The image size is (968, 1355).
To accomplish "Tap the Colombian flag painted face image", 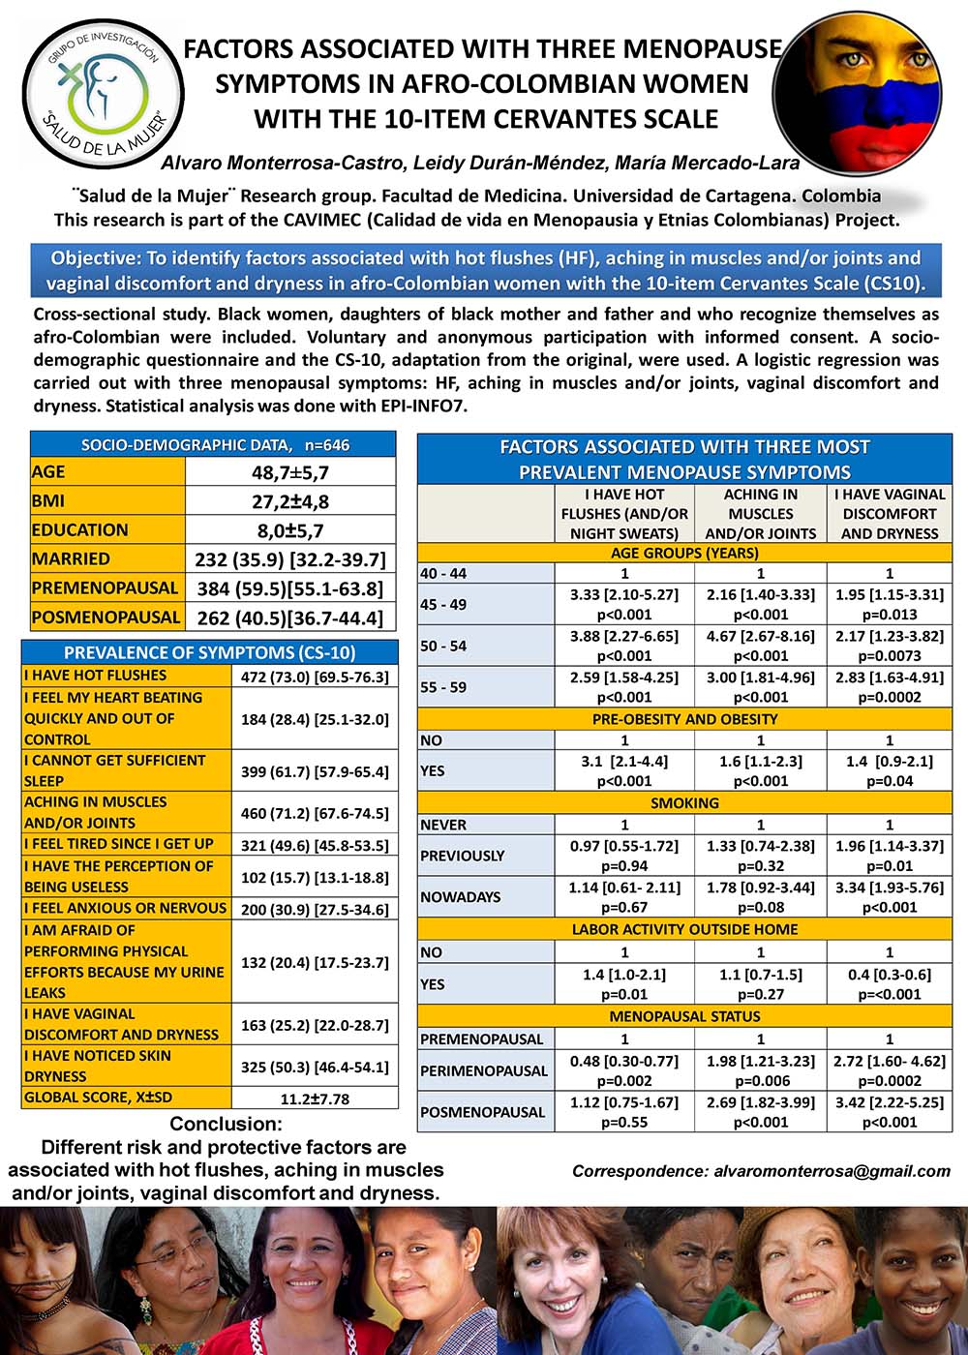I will click(858, 84).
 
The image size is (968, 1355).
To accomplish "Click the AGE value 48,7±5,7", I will click(290, 472).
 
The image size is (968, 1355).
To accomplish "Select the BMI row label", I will click(48, 501).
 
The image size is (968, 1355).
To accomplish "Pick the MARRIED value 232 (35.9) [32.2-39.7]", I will click(290, 559).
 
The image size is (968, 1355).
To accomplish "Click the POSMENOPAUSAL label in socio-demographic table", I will click(106, 617).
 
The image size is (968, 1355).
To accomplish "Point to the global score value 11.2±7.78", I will click(315, 1099).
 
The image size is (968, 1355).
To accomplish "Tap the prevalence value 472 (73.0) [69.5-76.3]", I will click(315, 677).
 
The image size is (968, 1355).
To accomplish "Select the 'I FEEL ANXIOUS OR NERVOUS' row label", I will click(126, 909).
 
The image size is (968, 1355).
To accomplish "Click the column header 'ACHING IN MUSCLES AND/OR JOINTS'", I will click(760, 514).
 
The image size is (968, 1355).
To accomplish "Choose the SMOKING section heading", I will click(684, 803).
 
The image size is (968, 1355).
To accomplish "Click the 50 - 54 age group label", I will click(443, 646).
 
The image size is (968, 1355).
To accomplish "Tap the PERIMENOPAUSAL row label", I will click(484, 1071).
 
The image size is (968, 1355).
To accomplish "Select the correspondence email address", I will click(832, 1171).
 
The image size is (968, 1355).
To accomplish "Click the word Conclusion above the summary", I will click(226, 1125).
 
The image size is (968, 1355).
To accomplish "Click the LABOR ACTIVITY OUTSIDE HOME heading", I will click(684, 930).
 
